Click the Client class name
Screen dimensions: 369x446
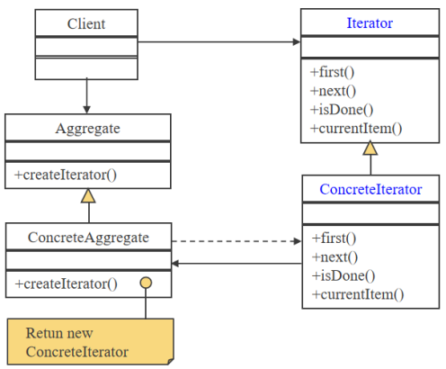(86, 23)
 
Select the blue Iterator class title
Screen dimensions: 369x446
(370, 23)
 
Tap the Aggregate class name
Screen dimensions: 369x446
(87, 129)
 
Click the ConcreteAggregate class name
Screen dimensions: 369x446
(88, 238)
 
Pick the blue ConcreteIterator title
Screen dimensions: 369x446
(370, 190)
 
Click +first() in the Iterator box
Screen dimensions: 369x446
(334, 72)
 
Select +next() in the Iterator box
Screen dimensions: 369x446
(333, 91)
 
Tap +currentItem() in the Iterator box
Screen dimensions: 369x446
(356, 129)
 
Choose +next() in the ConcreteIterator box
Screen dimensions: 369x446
(334, 257)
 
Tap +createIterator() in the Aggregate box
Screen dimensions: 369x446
(66, 174)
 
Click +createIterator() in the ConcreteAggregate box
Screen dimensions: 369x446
(66, 283)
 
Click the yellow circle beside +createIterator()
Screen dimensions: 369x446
(145, 283)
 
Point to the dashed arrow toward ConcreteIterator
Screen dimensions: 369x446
(236, 241)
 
